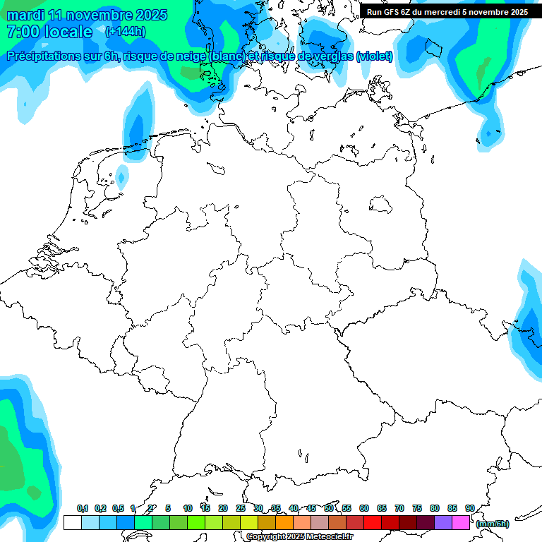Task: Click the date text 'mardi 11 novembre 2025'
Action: [87, 15]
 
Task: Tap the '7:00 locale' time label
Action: [49, 32]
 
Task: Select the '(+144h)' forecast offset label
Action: [125, 32]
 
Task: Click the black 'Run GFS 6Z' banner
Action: [447, 11]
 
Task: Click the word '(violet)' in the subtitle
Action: [375, 56]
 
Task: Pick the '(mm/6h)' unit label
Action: [493, 524]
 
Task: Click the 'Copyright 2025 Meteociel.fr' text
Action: [300, 537]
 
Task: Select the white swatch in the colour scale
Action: [72, 522]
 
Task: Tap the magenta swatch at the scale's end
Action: [461, 522]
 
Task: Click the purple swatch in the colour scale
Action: [443, 522]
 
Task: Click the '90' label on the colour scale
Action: [469, 508]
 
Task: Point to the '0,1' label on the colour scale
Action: [82, 508]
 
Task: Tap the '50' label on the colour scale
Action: [329, 508]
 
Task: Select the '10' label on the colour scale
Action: [188, 508]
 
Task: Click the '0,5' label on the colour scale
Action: [118, 508]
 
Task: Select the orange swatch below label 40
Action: [284, 522]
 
